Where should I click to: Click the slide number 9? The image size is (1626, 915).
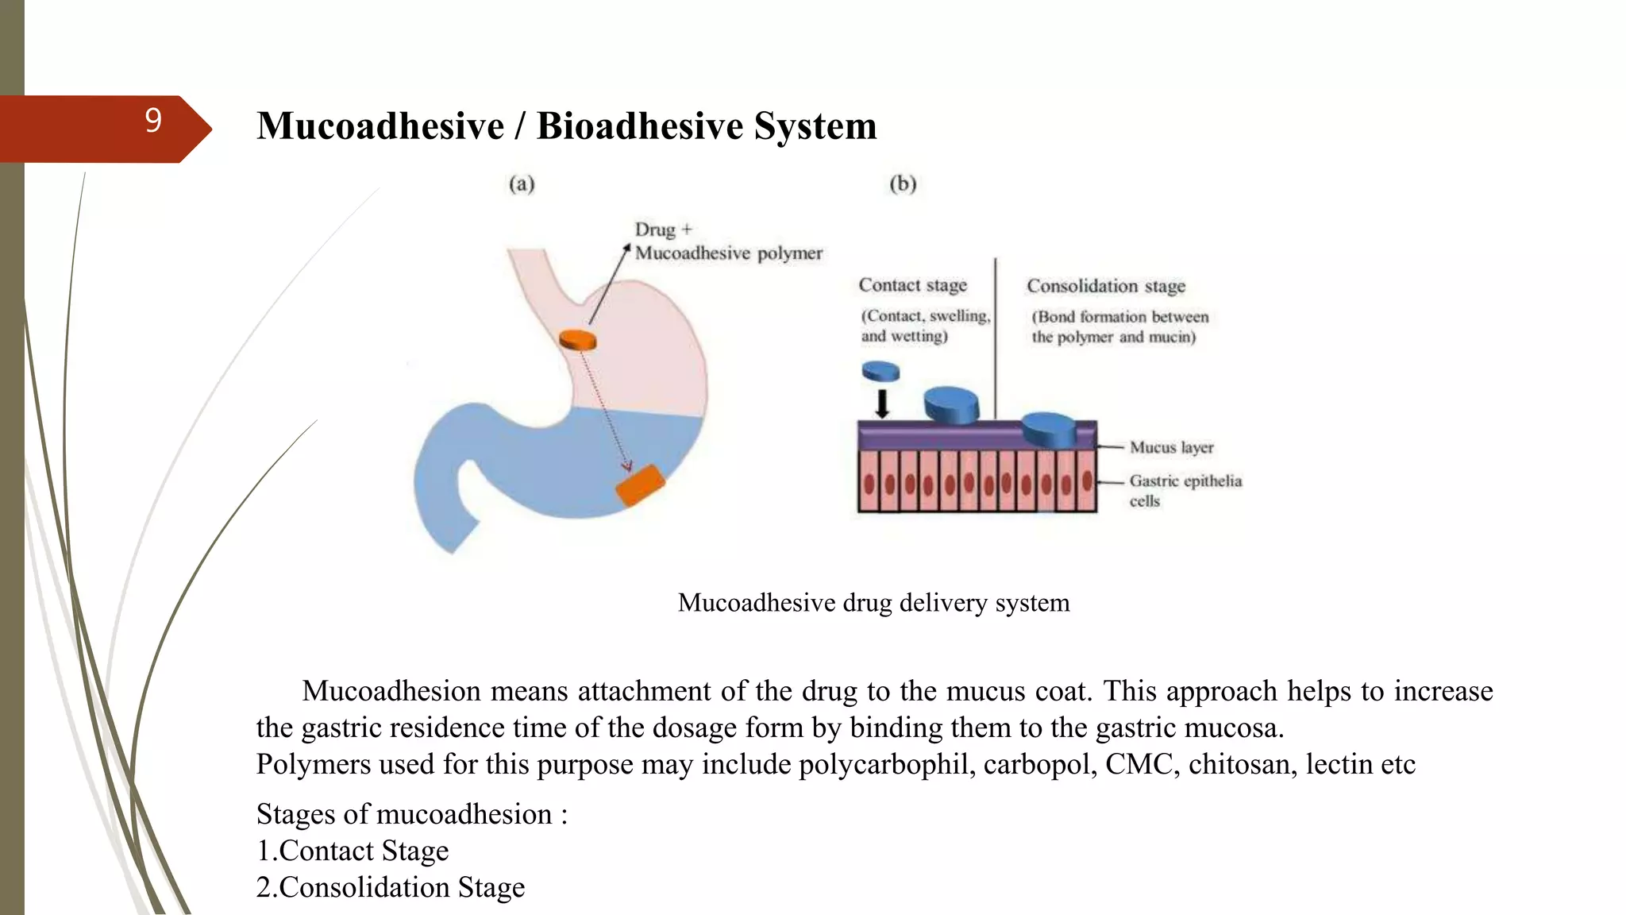point(153,121)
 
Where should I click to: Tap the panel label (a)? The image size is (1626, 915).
point(522,184)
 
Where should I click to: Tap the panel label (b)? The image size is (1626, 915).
point(903,184)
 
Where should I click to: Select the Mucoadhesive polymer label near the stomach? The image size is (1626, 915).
point(728,253)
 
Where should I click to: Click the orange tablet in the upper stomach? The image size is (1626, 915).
point(577,340)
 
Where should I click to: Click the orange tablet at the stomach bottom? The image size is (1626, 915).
point(640,485)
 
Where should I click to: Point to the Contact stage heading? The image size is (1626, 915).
point(912,285)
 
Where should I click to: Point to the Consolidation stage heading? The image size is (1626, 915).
point(1105,286)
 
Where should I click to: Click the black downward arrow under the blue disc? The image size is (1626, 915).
point(881,403)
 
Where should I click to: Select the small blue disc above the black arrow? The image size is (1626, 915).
point(880,371)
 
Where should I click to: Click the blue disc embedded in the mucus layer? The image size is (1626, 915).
point(1048,430)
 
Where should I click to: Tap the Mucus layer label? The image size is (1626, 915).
point(1171,447)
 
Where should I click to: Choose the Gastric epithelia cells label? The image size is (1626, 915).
point(1185,490)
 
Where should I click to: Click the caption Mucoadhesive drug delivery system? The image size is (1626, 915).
point(873,603)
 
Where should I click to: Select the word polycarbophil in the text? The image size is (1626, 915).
point(886,764)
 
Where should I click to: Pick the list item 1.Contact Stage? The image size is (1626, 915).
point(353,851)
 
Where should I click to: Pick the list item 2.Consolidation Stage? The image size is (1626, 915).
point(391,887)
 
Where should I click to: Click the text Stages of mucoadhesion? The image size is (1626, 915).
point(411,814)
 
